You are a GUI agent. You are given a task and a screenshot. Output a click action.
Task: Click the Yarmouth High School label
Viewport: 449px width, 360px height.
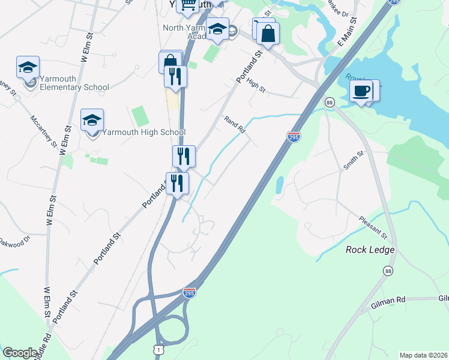(x=143, y=132)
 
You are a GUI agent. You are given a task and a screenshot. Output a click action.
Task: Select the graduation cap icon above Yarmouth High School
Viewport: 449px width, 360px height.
(x=92, y=120)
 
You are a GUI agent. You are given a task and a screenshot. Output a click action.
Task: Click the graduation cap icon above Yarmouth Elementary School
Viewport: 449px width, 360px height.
(x=28, y=67)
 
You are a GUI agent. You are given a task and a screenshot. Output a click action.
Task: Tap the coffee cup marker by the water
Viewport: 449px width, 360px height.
(x=361, y=91)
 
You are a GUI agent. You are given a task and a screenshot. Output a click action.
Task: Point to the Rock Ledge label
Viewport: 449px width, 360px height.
(x=370, y=250)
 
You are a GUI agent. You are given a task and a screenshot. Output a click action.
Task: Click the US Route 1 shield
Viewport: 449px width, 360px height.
(x=158, y=349)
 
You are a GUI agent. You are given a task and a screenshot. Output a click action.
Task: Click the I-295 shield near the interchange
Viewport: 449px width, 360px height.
(x=189, y=293)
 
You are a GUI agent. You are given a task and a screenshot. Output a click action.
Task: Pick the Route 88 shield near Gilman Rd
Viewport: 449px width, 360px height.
(x=390, y=271)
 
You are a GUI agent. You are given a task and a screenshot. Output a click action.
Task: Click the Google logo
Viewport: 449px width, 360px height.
(x=20, y=353)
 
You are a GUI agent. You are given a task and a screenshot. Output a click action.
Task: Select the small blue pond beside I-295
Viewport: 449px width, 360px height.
(x=279, y=184)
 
